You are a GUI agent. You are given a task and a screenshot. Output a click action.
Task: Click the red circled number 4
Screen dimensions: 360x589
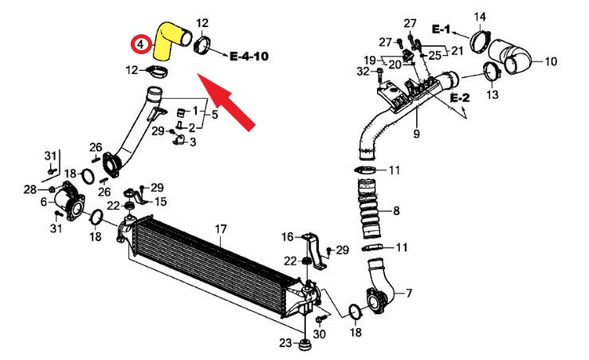click(x=140, y=45)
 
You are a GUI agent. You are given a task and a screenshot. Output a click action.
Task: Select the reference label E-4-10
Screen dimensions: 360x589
click(x=249, y=57)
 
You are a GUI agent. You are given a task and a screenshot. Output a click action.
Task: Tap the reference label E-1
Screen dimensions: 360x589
click(x=442, y=29)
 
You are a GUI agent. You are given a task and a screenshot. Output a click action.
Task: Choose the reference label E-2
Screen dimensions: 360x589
click(x=460, y=97)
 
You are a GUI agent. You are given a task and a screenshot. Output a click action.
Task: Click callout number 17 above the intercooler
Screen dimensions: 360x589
click(x=221, y=229)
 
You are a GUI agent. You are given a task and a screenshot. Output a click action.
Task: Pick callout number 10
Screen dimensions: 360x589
click(x=550, y=61)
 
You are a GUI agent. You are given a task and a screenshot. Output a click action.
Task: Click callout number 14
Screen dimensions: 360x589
click(x=502, y=16)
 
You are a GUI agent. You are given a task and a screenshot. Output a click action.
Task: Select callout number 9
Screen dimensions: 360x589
click(x=416, y=134)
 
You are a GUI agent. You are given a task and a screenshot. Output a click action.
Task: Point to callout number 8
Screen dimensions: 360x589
click(x=396, y=211)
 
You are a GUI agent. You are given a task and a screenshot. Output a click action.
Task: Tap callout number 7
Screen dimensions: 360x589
click(x=409, y=294)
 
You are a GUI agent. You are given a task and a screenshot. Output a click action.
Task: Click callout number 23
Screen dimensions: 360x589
click(x=285, y=343)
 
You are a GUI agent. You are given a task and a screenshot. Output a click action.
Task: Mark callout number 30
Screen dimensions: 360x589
click(x=320, y=335)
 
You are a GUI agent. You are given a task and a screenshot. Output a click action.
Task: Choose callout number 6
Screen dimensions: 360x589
click(x=43, y=202)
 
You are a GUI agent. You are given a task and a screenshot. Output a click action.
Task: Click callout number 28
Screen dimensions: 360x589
click(x=29, y=190)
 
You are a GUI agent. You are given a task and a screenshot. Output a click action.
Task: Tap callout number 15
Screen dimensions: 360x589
click(x=160, y=202)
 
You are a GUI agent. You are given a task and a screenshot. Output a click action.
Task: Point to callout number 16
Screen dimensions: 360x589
click(x=288, y=237)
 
